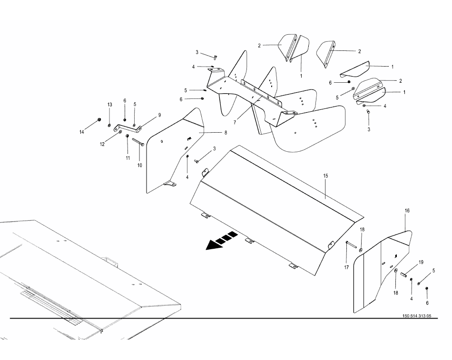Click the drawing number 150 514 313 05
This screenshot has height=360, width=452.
(x=416, y=316)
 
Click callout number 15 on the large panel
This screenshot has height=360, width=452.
(x=326, y=176)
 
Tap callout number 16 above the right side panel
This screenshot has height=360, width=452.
(x=407, y=210)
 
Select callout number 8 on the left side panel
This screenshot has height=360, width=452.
(x=226, y=133)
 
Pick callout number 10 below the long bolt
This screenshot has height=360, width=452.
(x=140, y=165)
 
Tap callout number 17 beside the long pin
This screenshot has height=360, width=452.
(x=347, y=267)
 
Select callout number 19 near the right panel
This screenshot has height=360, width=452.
(x=421, y=263)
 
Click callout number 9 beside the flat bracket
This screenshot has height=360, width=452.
(x=159, y=115)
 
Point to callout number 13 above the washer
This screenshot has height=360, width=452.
(x=109, y=105)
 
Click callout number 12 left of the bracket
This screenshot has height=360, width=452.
(x=102, y=144)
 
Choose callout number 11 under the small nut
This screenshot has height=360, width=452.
(x=128, y=158)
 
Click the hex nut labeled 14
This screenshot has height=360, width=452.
(x=98, y=119)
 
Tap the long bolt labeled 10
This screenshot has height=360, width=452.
(x=138, y=142)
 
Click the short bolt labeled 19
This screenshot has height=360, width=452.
(x=403, y=274)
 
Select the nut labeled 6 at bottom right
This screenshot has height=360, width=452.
(x=427, y=289)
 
